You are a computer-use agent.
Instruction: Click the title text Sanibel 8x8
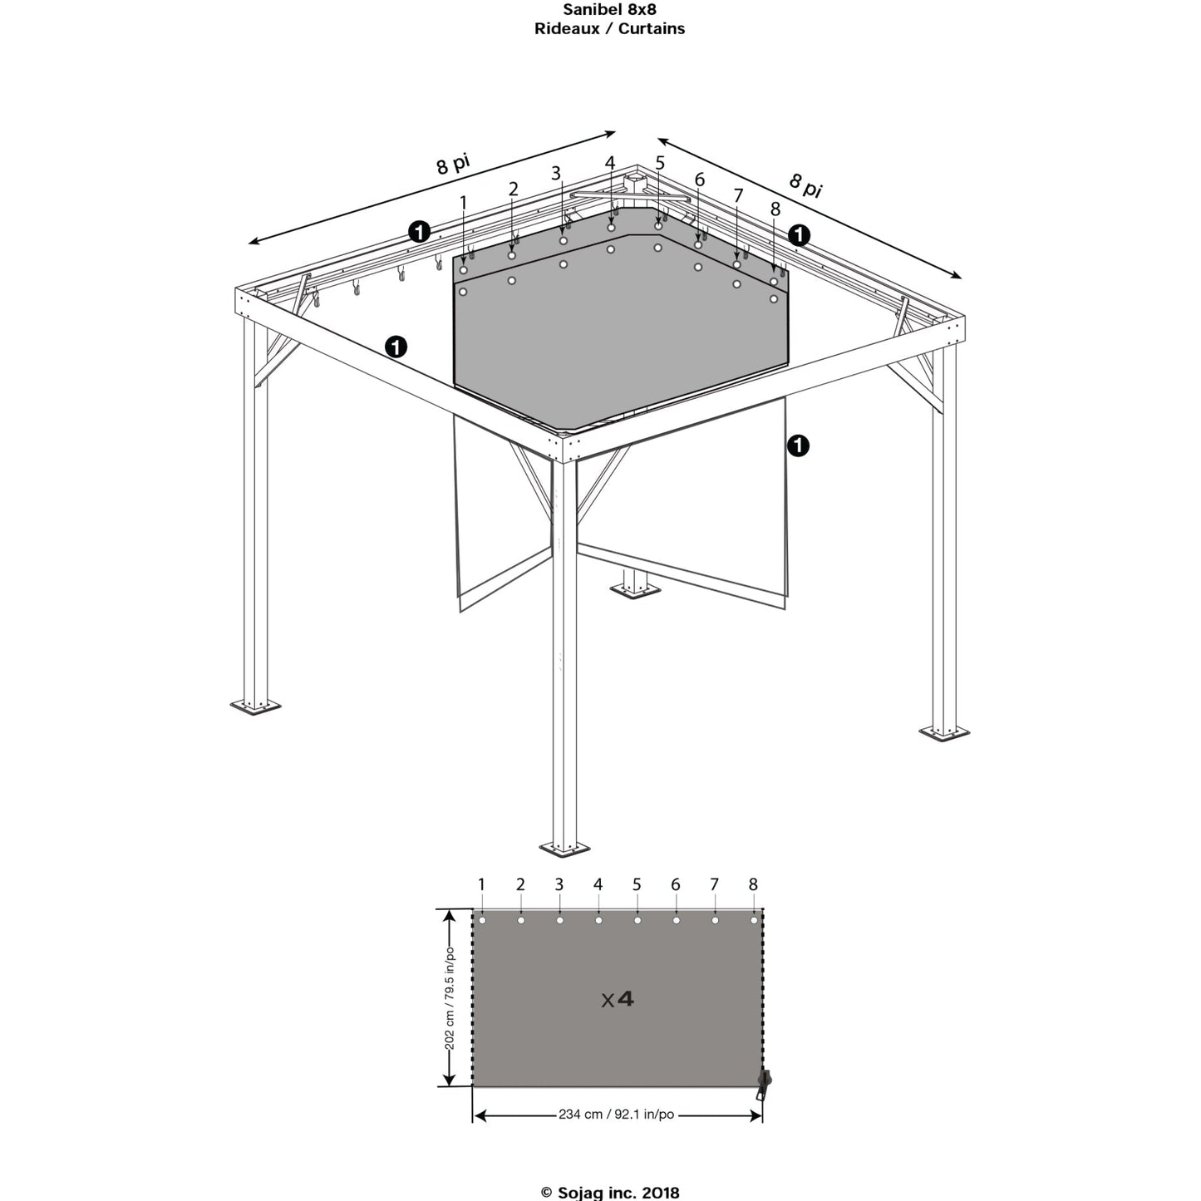[609, 10]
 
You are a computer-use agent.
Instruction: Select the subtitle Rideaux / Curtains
[609, 29]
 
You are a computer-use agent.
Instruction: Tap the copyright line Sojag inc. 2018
[609, 1193]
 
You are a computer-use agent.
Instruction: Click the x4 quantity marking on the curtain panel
[618, 999]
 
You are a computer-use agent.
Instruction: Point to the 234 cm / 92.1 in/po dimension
[616, 1115]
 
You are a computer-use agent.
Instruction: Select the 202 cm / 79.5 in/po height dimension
[450, 998]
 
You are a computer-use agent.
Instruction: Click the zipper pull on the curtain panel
[763, 1083]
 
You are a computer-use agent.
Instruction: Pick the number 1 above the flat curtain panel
[481, 884]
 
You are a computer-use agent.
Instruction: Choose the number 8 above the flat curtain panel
[753, 884]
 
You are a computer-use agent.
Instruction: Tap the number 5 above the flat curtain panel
[637, 884]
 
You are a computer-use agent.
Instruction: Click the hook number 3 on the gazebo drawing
[556, 174]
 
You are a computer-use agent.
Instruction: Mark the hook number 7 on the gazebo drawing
[738, 196]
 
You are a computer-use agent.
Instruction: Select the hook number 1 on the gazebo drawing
[463, 202]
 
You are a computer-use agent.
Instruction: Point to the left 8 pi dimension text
[453, 164]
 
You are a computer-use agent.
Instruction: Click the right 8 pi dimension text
[805, 185]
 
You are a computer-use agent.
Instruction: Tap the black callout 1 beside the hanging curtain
[797, 446]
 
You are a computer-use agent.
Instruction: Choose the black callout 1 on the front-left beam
[396, 347]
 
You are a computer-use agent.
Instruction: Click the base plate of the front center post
[564, 849]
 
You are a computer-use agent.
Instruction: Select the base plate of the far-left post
[255, 707]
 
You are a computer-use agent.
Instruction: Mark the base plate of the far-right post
[944, 733]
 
